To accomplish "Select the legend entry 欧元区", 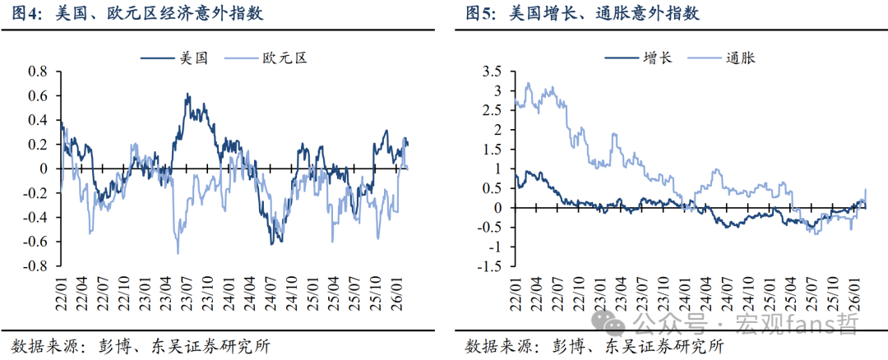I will point(284,58).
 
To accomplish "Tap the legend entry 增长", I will point(657,58).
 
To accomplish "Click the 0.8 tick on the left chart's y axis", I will point(39,72).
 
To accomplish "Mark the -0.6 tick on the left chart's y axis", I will point(36,242).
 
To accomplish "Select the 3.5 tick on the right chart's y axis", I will point(492,72).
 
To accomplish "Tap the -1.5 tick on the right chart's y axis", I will point(489,266).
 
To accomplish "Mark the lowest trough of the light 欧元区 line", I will point(178,252).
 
